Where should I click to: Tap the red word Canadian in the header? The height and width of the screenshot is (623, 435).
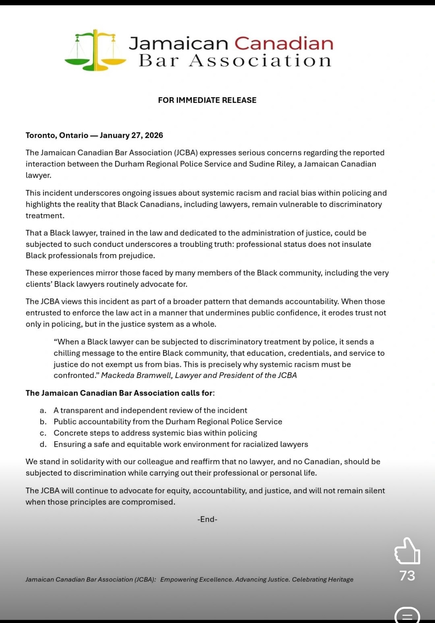click(284, 44)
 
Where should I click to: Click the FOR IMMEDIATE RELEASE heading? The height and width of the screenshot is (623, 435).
click(207, 100)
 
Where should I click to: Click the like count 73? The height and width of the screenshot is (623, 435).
click(407, 576)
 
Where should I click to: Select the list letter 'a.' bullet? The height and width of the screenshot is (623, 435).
click(43, 410)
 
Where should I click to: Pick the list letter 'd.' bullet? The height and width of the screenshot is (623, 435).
click(43, 444)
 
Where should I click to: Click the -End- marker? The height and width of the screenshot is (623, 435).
click(207, 519)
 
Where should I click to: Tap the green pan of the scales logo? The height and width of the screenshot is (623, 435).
click(77, 61)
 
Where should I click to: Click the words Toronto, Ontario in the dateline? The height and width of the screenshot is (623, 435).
click(57, 135)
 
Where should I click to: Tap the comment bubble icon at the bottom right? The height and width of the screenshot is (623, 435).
click(407, 616)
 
